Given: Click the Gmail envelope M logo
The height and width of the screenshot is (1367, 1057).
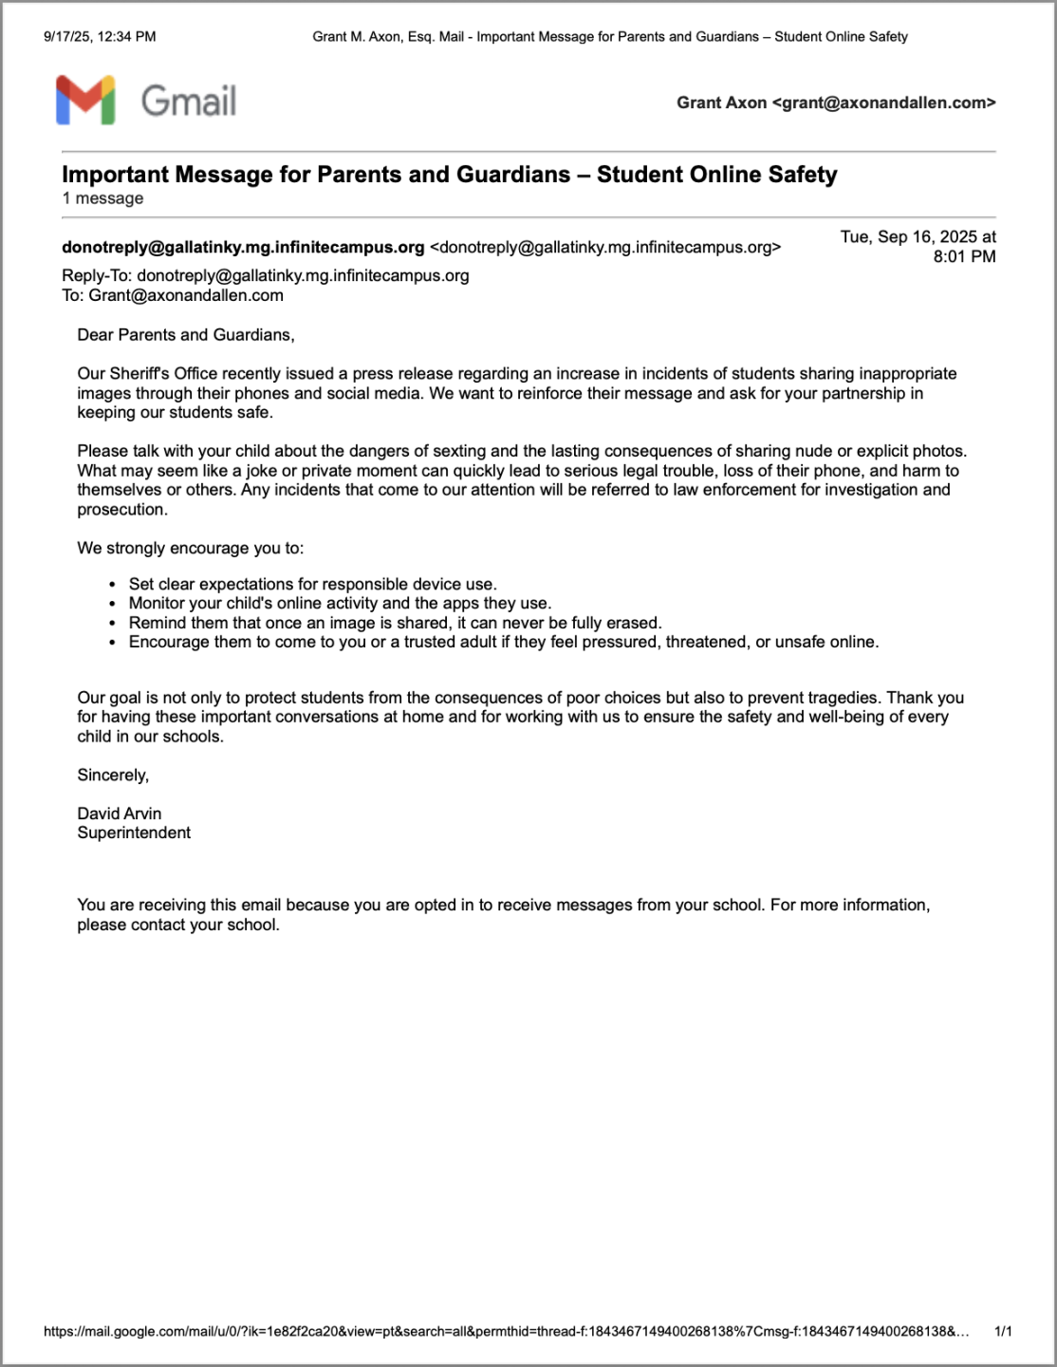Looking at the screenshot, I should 85,101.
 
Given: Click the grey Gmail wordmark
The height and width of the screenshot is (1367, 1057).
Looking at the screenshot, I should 189,101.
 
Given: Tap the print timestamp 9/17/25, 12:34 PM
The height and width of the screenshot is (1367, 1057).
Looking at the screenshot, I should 100,37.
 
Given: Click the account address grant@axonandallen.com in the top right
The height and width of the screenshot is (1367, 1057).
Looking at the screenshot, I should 883,103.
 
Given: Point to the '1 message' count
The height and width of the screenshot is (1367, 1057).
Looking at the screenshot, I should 102,198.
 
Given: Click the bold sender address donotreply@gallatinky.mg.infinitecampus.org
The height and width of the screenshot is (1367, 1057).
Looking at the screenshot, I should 243,247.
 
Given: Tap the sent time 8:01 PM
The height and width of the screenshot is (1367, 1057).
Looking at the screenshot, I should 964,256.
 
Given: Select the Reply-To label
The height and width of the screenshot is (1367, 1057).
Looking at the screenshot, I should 97,275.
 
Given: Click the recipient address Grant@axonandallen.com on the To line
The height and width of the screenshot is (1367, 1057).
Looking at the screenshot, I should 186,295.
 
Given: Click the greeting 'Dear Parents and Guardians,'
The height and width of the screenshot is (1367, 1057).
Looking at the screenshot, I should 186,335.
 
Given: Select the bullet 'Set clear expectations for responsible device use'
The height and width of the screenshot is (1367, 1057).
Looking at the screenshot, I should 312,584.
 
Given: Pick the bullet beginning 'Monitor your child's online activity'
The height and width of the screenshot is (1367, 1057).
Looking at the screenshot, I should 340,604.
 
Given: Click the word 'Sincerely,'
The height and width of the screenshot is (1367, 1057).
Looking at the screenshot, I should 113,775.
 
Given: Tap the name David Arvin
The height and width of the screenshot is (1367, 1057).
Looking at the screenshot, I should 120,814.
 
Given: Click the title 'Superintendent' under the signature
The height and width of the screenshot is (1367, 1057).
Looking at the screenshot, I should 134,833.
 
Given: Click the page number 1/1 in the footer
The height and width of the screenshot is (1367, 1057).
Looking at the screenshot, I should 1003,1332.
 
